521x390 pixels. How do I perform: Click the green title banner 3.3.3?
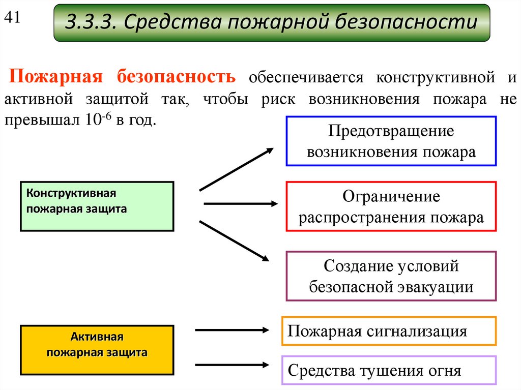click(x=272, y=23)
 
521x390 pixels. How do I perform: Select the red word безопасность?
click(x=177, y=77)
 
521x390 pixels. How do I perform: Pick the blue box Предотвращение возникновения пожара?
click(x=391, y=141)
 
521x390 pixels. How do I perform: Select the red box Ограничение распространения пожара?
click(x=391, y=206)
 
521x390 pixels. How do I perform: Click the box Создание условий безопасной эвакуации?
click(x=391, y=276)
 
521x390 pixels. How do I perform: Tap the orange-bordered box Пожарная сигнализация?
click(x=389, y=332)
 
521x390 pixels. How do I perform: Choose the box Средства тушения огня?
click(x=389, y=370)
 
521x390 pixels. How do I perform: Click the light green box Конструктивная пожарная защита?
click(x=97, y=206)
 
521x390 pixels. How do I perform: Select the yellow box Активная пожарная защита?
click(x=97, y=349)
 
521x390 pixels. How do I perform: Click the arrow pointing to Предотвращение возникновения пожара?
click(x=237, y=169)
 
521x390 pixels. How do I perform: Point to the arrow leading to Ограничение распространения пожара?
click(x=241, y=204)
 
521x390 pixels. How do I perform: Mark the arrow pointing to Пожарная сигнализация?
click(x=231, y=330)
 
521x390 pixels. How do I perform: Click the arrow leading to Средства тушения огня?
click(x=231, y=364)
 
